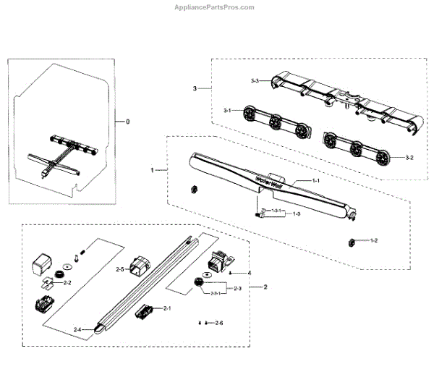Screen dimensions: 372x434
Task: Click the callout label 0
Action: click(128, 122)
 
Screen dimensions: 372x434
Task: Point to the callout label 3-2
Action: click(409, 157)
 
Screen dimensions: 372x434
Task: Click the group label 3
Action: click(195, 88)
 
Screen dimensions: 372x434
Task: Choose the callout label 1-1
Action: click(315, 179)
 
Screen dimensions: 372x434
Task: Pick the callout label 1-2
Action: click(374, 240)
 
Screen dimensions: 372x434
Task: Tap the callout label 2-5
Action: click(121, 269)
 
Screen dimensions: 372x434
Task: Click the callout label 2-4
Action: click(77, 329)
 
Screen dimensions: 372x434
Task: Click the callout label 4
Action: click(249, 273)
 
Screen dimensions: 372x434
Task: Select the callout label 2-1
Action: click(167, 308)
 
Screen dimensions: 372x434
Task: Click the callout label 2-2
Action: click(67, 282)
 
